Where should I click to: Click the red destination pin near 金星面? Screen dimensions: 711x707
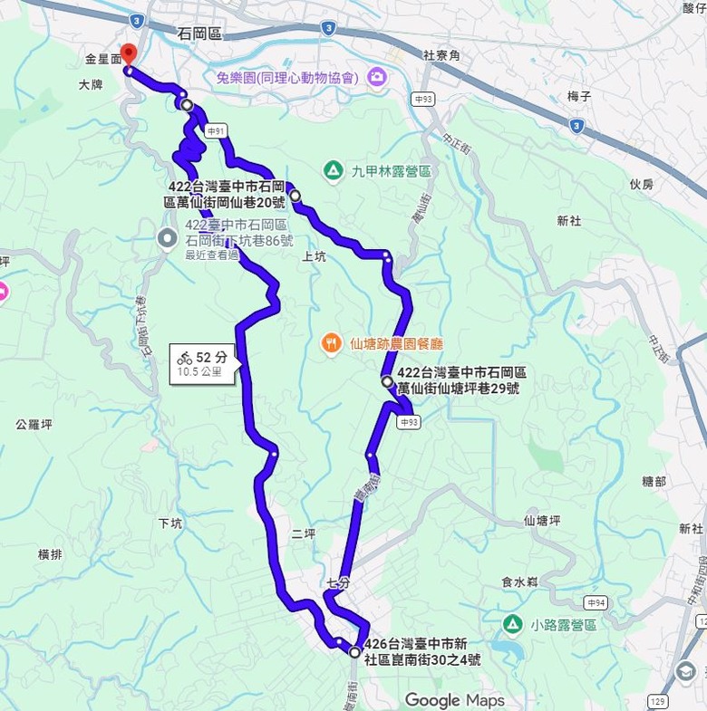point(128,53)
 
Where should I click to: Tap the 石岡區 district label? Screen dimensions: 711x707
point(199,34)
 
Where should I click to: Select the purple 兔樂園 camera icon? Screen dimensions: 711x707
point(377,79)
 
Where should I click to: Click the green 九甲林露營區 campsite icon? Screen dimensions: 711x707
point(334,170)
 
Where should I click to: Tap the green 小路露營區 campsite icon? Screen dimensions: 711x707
point(512,624)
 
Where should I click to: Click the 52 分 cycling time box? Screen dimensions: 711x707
point(204,362)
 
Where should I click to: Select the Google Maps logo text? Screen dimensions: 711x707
point(454,699)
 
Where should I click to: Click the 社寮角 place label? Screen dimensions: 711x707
point(441,55)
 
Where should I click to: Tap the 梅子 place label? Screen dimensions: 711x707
point(579,95)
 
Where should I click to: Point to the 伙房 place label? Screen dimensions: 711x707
point(641,184)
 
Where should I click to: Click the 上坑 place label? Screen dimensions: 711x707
point(313,255)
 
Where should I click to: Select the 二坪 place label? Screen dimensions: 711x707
point(304,533)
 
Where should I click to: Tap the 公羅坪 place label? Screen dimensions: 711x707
point(34,423)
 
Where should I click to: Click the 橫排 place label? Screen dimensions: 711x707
point(50,553)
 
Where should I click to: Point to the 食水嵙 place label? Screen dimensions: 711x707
point(519,582)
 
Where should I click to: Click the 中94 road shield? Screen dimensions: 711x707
point(596,602)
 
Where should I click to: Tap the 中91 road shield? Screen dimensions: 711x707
point(216,131)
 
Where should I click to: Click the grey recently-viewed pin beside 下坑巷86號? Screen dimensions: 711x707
point(168,239)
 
